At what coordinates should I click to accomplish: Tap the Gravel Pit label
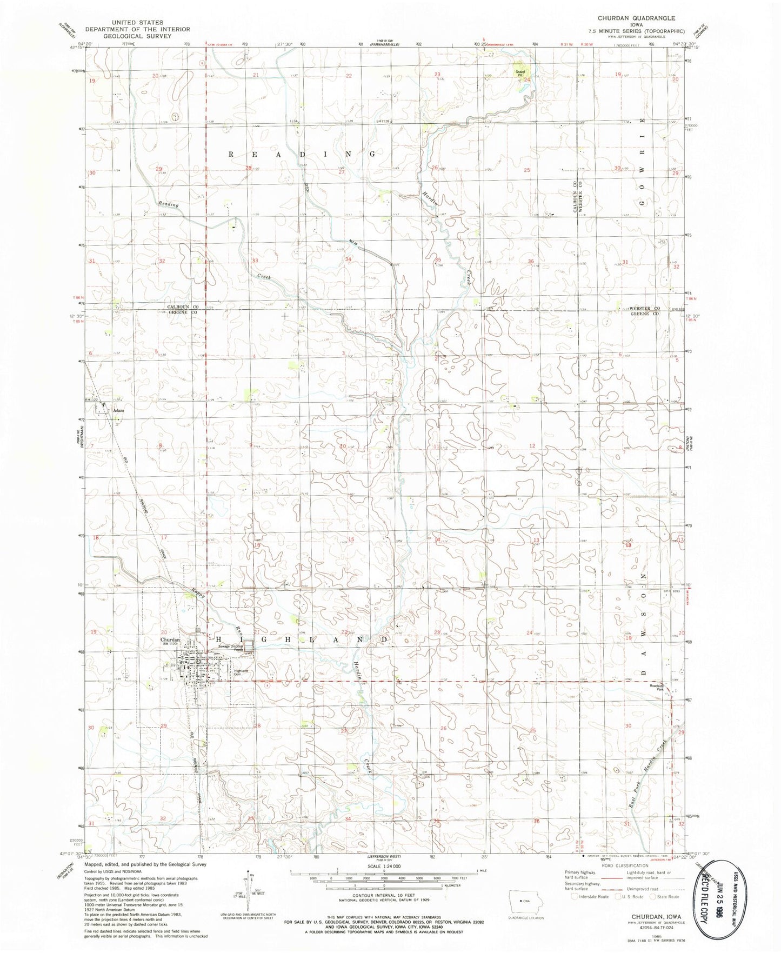[520, 72]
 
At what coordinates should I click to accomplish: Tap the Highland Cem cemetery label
[240, 672]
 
